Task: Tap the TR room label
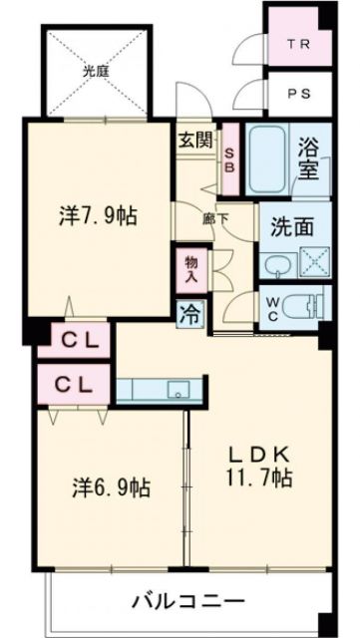coord(297,45)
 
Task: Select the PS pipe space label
coord(297,96)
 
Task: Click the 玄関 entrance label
coord(195,140)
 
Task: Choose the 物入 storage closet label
coord(190,269)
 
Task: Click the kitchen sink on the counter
coord(180,389)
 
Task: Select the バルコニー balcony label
coord(189,601)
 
